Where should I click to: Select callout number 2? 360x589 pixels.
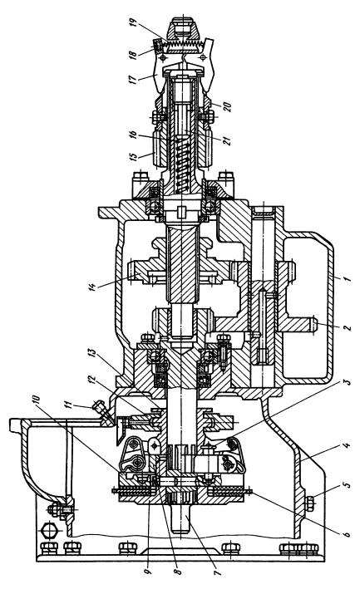347,326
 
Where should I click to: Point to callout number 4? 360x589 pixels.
347,446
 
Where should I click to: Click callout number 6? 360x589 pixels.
347,534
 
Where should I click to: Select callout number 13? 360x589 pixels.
93,354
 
